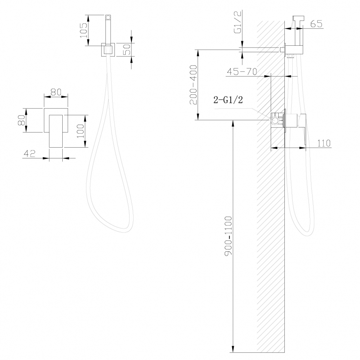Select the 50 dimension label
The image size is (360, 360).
tap(126, 49)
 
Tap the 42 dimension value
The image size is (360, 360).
tap(30, 153)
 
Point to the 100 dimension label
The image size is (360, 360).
tap(80, 131)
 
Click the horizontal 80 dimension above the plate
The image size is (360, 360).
tap(56, 92)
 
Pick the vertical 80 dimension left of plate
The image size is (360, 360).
tap(22, 120)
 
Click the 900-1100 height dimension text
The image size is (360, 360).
tap(228, 235)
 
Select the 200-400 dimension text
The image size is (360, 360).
tap(193, 85)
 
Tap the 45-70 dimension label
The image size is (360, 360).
tap(242, 72)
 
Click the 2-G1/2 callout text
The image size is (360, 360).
tap(228, 100)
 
